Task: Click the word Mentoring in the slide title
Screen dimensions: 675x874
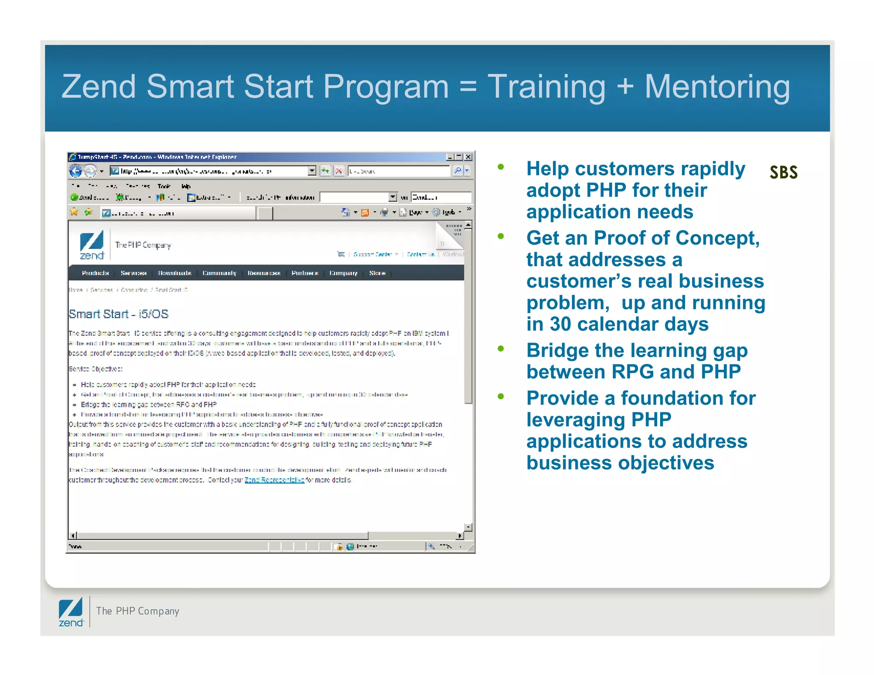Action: (x=717, y=87)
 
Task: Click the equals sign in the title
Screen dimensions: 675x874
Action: (x=468, y=87)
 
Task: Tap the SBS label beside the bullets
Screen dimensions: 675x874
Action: (x=784, y=172)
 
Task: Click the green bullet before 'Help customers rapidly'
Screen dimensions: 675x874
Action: (x=501, y=167)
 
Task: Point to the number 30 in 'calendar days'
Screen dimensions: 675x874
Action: (x=560, y=324)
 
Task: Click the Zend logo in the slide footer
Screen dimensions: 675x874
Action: (x=71, y=612)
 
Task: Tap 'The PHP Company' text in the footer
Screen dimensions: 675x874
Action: (x=137, y=611)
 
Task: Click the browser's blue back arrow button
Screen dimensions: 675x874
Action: (x=76, y=171)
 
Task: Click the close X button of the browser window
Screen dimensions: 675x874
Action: (x=468, y=157)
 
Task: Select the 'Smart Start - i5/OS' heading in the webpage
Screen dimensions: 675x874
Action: (x=119, y=314)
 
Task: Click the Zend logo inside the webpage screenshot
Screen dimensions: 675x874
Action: (x=92, y=245)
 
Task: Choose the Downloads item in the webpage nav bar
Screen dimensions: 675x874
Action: (x=175, y=273)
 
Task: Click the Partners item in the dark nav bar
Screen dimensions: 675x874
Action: (x=305, y=273)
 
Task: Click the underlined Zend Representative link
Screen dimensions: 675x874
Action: (x=274, y=480)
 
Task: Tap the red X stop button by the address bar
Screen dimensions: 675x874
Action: (x=339, y=171)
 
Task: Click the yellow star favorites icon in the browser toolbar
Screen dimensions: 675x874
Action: (x=74, y=212)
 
